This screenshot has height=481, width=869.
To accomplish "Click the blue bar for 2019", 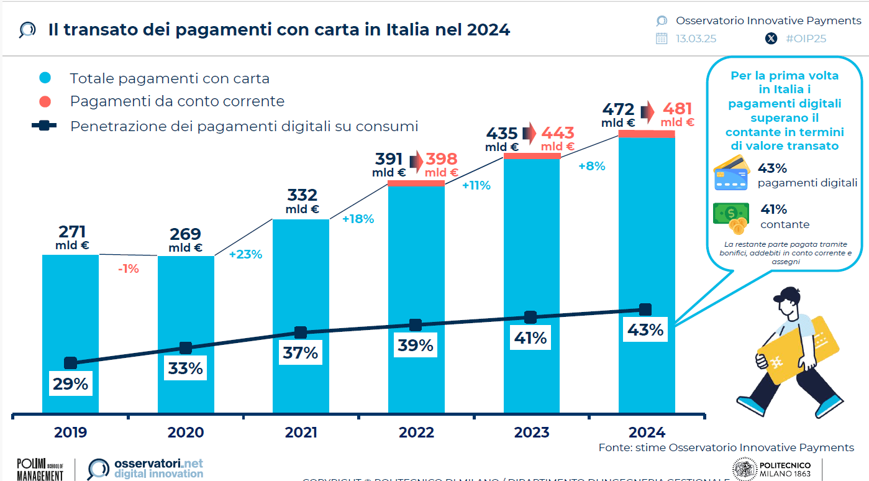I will [x=70, y=311].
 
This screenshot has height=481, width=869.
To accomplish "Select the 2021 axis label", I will [x=301, y=433].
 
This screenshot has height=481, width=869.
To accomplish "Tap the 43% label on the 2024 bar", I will [x=646, y=330].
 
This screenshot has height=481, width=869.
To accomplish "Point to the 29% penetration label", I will [x=70, y=384].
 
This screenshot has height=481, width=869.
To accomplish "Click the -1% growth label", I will [x=128, y=269].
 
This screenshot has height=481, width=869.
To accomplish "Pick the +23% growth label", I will [x=245, y=254].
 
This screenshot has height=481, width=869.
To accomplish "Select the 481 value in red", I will [x=678, y=109].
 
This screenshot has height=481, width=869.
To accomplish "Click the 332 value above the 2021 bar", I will [x=303, y=196].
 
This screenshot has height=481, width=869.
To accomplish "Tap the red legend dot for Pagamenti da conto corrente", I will [x=45, y=101].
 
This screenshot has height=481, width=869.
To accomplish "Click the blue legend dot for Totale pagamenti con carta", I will [x=45, y=78].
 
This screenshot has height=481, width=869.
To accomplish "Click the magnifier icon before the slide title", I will [x=27, y=30].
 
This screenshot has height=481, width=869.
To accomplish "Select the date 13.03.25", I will [x=696, y=39].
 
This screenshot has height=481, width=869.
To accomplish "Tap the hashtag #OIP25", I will [x=806, y=39].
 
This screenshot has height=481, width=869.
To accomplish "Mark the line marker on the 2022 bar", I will [x=416, y=325].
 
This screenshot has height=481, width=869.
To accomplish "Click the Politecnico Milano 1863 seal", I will [x=744, y=469].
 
